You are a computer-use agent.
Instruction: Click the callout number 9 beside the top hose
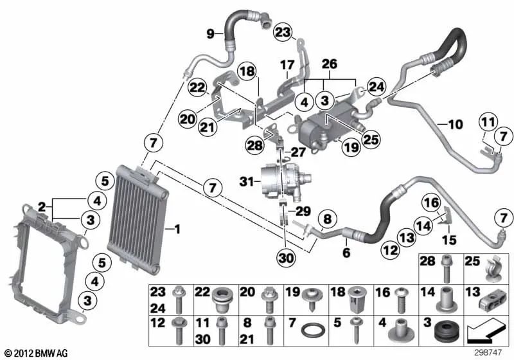click(209, 33)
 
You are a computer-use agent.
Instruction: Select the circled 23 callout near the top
click(283, 31)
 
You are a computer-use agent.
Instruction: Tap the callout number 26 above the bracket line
click(329, 64)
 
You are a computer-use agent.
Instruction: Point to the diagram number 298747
click(490, 353)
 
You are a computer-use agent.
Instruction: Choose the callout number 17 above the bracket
click(287, 64)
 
